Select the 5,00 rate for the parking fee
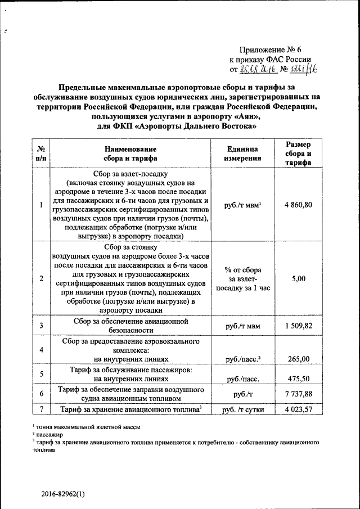(x=298, y=278)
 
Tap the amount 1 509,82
(x=298, y=326)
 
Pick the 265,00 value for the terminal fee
(x=298, y=359)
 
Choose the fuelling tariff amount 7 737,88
(x=298, y=393)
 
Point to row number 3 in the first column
(x=42, y=326)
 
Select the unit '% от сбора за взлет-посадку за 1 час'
(x=242, y=278)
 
